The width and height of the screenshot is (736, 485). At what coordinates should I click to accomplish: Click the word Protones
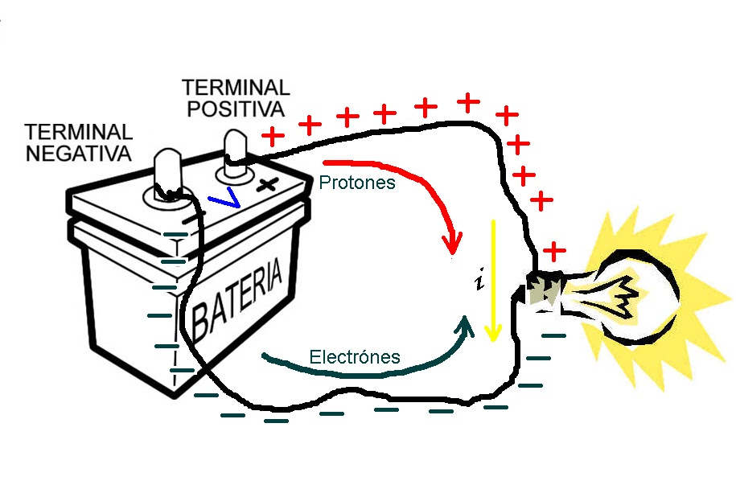tap(357, 183)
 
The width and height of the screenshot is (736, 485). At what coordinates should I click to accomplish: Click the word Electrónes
tap(355, 356)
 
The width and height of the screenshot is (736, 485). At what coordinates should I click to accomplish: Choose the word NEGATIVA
tap(78, 153)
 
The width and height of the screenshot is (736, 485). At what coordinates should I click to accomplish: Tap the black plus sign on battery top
tap(268, 183)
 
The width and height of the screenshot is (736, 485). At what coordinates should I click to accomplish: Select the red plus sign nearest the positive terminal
tap(273, 136)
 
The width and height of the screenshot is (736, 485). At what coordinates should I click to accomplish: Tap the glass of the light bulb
tap(635, 298)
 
